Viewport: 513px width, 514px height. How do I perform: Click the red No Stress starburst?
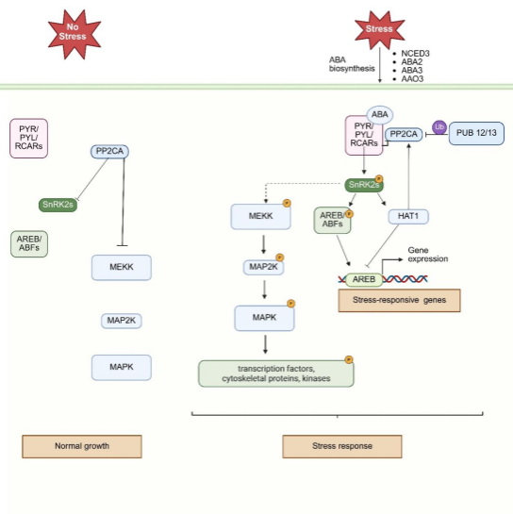click(74, 34)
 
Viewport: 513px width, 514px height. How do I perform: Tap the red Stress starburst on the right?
click(380, 29)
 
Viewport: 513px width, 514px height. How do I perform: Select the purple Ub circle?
click(439, 127)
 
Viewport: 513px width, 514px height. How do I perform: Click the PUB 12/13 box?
click(476, 133)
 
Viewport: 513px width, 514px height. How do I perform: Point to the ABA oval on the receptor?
click(380, 115)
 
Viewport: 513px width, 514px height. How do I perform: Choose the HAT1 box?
click(408, 216)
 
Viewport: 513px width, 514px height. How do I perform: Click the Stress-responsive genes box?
click(399, 300)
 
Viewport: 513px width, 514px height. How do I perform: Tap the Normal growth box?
click(82, 446)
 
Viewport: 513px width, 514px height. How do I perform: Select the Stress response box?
click(342, 446)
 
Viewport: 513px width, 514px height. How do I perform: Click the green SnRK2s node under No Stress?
click(58, 205)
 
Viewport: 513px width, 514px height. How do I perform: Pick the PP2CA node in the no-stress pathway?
click(109, 152)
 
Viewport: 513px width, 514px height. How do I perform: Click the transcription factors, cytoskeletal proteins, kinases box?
click(276, 373)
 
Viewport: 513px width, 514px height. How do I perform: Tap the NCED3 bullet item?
click(411, 54)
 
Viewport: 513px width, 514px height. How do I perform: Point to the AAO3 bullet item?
click(408, 79)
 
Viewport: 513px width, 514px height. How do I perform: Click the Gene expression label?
click(428, 255)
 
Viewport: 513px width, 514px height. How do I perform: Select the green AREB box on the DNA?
click(364, 279)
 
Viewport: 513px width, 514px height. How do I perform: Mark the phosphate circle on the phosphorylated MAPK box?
click(290, 304)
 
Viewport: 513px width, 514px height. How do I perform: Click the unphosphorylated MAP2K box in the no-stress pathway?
click(122, 321)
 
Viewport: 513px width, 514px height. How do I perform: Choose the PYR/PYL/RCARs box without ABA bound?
click(29, 139)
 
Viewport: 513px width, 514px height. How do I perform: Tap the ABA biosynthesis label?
click(352, 64)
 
